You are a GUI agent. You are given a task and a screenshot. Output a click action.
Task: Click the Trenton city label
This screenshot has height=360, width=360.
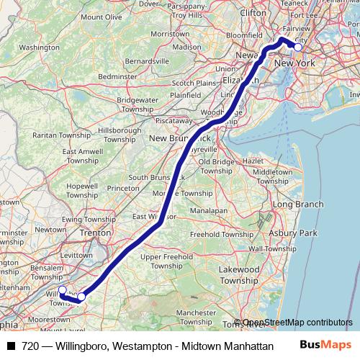pos(95,233)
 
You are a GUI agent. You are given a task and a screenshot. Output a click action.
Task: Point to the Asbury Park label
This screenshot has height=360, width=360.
pos(292,233)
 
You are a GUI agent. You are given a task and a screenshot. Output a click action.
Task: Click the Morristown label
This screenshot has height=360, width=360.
pos(170,33)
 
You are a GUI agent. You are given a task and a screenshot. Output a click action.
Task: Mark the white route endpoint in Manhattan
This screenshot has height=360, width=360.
pos(297,47)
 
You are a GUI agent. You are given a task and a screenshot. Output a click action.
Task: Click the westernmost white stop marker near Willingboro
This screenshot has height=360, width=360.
pos(62,289)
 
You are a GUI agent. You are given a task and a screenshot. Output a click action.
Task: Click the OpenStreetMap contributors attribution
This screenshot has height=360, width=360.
pos(293,323)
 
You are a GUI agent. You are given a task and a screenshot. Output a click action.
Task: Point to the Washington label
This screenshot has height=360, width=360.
pos(40,48)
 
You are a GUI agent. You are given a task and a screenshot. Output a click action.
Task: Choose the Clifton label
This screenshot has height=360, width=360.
pos(252,12)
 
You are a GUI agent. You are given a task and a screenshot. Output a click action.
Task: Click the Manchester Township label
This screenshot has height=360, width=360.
pos(197,318)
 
